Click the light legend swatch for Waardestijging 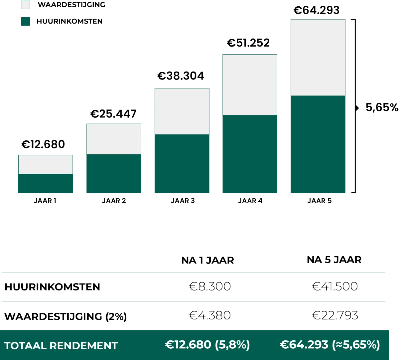click(26, 5)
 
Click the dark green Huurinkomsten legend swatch click(26, 21)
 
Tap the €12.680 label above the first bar click(43, 144)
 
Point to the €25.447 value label click(113, 114)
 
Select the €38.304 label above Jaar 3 click(181, 76)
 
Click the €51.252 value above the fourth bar click(248, 43)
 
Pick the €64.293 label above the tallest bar click(317, 10)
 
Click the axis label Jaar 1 click(45, 201)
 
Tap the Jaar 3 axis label click(182, 201)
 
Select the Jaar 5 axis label click(319, 201)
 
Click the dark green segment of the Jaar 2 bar click(114, 174)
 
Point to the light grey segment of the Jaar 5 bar click(318, 57)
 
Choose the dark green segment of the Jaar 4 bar click(250, 154)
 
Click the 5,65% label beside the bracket click(382, 107)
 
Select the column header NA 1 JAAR click(207, 260)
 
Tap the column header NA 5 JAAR click(334, 260)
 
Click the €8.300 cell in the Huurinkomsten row click(210, 286)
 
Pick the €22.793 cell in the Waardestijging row click(335, 315)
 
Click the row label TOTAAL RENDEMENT click(61, 346)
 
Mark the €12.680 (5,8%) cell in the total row click(207, 345)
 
